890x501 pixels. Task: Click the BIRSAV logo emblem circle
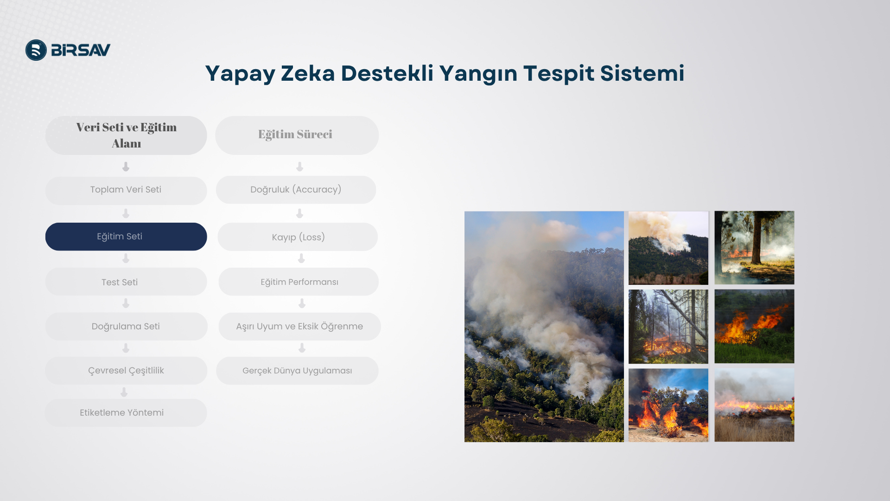[36, 50]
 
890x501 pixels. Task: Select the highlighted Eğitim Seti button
[126, 237]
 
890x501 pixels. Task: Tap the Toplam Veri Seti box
[126, 190]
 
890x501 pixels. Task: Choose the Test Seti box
[126, 282]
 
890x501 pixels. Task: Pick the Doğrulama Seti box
[126, 326]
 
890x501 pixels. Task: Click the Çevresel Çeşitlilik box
[126, 371]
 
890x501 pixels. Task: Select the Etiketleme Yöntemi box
[126, 413]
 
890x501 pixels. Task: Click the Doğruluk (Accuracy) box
[296, 190]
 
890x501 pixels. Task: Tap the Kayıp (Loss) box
[298, 237]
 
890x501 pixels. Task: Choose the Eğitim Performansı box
[299, 282]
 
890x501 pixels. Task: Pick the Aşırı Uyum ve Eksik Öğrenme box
[299, 326]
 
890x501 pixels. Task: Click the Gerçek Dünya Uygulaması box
[297, 371]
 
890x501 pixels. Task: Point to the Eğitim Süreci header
[297, 135]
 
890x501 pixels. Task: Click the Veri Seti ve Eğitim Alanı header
[126, 135]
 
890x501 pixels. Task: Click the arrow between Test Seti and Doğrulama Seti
[126, 303]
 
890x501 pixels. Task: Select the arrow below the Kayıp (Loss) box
[301, 258]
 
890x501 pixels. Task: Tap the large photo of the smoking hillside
[544, 327]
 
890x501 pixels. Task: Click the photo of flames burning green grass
[754, 326]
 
